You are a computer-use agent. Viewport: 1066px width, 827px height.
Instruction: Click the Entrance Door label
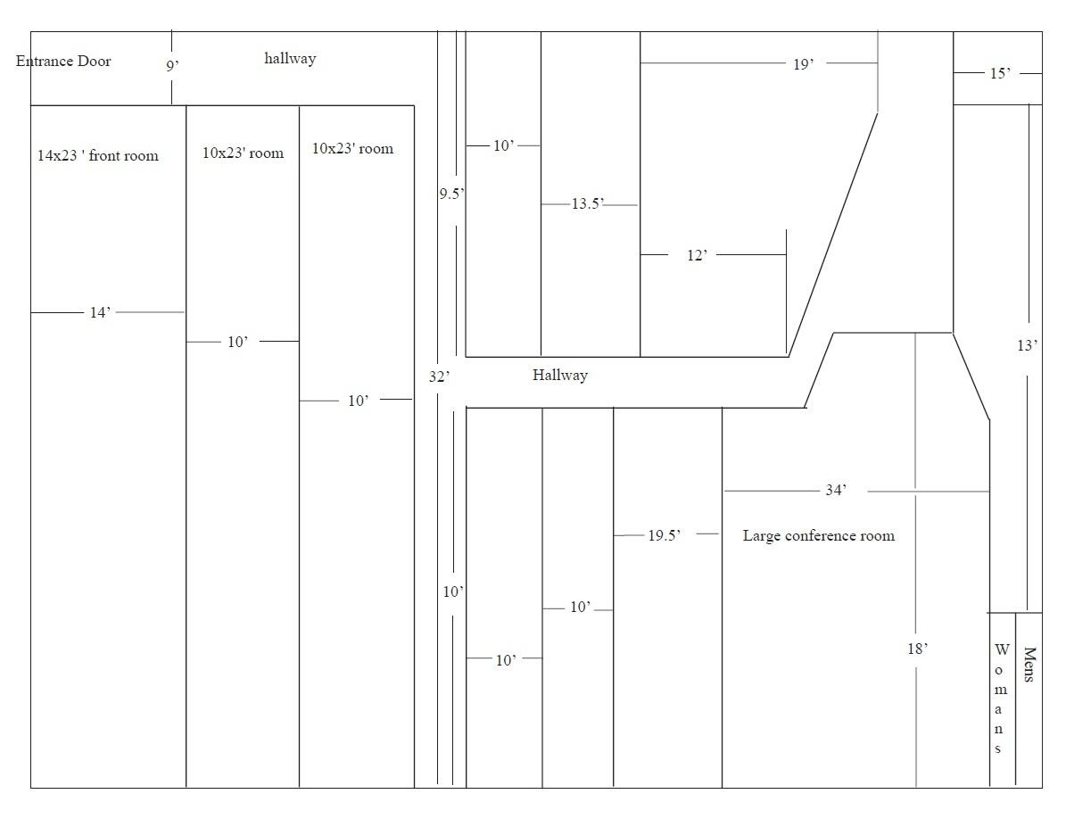(63, 62)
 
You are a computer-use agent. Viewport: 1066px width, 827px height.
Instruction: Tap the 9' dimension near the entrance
(173, 65)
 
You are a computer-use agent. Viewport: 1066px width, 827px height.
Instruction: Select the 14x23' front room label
(98, 156)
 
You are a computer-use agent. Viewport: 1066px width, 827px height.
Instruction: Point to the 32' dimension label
(439, 376)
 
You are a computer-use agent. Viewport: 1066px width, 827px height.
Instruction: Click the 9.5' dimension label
(451, 194)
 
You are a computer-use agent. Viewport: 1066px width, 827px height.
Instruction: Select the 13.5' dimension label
(588, 203)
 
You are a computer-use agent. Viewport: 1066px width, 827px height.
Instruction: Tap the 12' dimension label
(698, 255)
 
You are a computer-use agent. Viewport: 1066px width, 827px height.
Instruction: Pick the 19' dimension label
(804, 64)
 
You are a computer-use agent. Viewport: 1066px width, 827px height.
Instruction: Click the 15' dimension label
(1000, 73)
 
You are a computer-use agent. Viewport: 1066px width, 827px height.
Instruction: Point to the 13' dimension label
(1028, 345)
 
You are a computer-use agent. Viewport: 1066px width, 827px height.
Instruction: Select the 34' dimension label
(836, 490)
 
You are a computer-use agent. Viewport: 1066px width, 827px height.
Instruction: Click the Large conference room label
(819, 536)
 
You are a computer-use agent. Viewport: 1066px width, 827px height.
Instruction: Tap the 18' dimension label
(917, 649)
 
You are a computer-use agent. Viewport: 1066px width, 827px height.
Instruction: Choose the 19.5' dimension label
(665, 535)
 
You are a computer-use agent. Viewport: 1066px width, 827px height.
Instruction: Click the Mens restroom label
(1029, 665)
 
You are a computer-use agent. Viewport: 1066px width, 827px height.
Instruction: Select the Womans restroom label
(999, 699)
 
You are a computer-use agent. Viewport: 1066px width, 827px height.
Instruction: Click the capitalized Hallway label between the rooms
(560, 375)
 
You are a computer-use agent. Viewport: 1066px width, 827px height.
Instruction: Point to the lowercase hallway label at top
(290, 59)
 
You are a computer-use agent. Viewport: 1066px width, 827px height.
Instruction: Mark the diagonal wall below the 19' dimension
(833, 235)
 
